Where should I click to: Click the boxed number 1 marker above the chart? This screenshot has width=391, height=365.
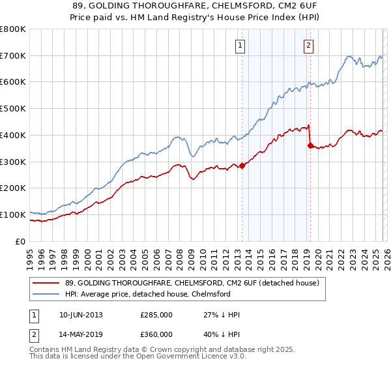tap(240, 46)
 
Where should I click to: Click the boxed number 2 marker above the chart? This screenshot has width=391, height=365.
tap(308, 46)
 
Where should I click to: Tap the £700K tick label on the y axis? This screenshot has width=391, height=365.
tap(13, 56)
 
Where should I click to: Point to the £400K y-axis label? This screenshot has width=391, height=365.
tap(13, 136)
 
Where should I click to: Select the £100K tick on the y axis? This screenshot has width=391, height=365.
tap(13, 214)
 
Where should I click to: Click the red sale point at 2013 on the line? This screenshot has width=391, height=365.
tap(242, 166)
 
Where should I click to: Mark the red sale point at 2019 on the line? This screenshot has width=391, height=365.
tap(310, 145)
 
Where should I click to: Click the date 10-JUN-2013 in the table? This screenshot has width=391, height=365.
tap(81, 315)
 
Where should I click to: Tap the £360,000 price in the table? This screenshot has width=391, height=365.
tap(156, 334)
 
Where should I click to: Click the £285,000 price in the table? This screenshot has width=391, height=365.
tap(156, 315)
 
